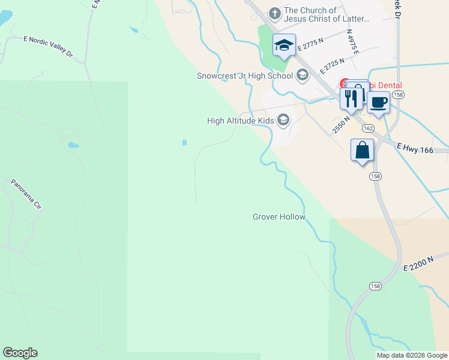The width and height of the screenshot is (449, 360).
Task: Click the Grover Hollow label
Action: (279, 217)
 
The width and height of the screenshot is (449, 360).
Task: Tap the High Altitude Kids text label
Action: (240, 121)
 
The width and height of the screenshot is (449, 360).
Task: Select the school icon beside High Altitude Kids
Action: (283, 121)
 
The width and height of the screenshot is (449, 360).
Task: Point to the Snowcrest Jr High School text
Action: (245, 76)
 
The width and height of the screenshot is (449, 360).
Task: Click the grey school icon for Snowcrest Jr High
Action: (302, 75)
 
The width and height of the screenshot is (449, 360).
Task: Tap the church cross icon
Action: (274, 13)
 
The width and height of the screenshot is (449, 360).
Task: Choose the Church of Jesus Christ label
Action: (327, 14)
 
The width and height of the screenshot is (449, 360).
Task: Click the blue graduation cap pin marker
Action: (284, 45)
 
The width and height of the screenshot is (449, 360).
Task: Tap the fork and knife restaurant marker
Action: (351, 98)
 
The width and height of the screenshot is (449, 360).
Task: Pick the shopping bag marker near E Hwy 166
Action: (363, 150)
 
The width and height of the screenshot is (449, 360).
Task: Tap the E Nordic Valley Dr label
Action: (47, 47)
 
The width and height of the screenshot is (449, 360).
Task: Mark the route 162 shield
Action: (368, 128)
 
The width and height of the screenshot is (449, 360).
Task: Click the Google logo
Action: (20, 353)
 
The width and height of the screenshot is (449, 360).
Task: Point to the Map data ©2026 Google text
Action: (411, 355)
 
